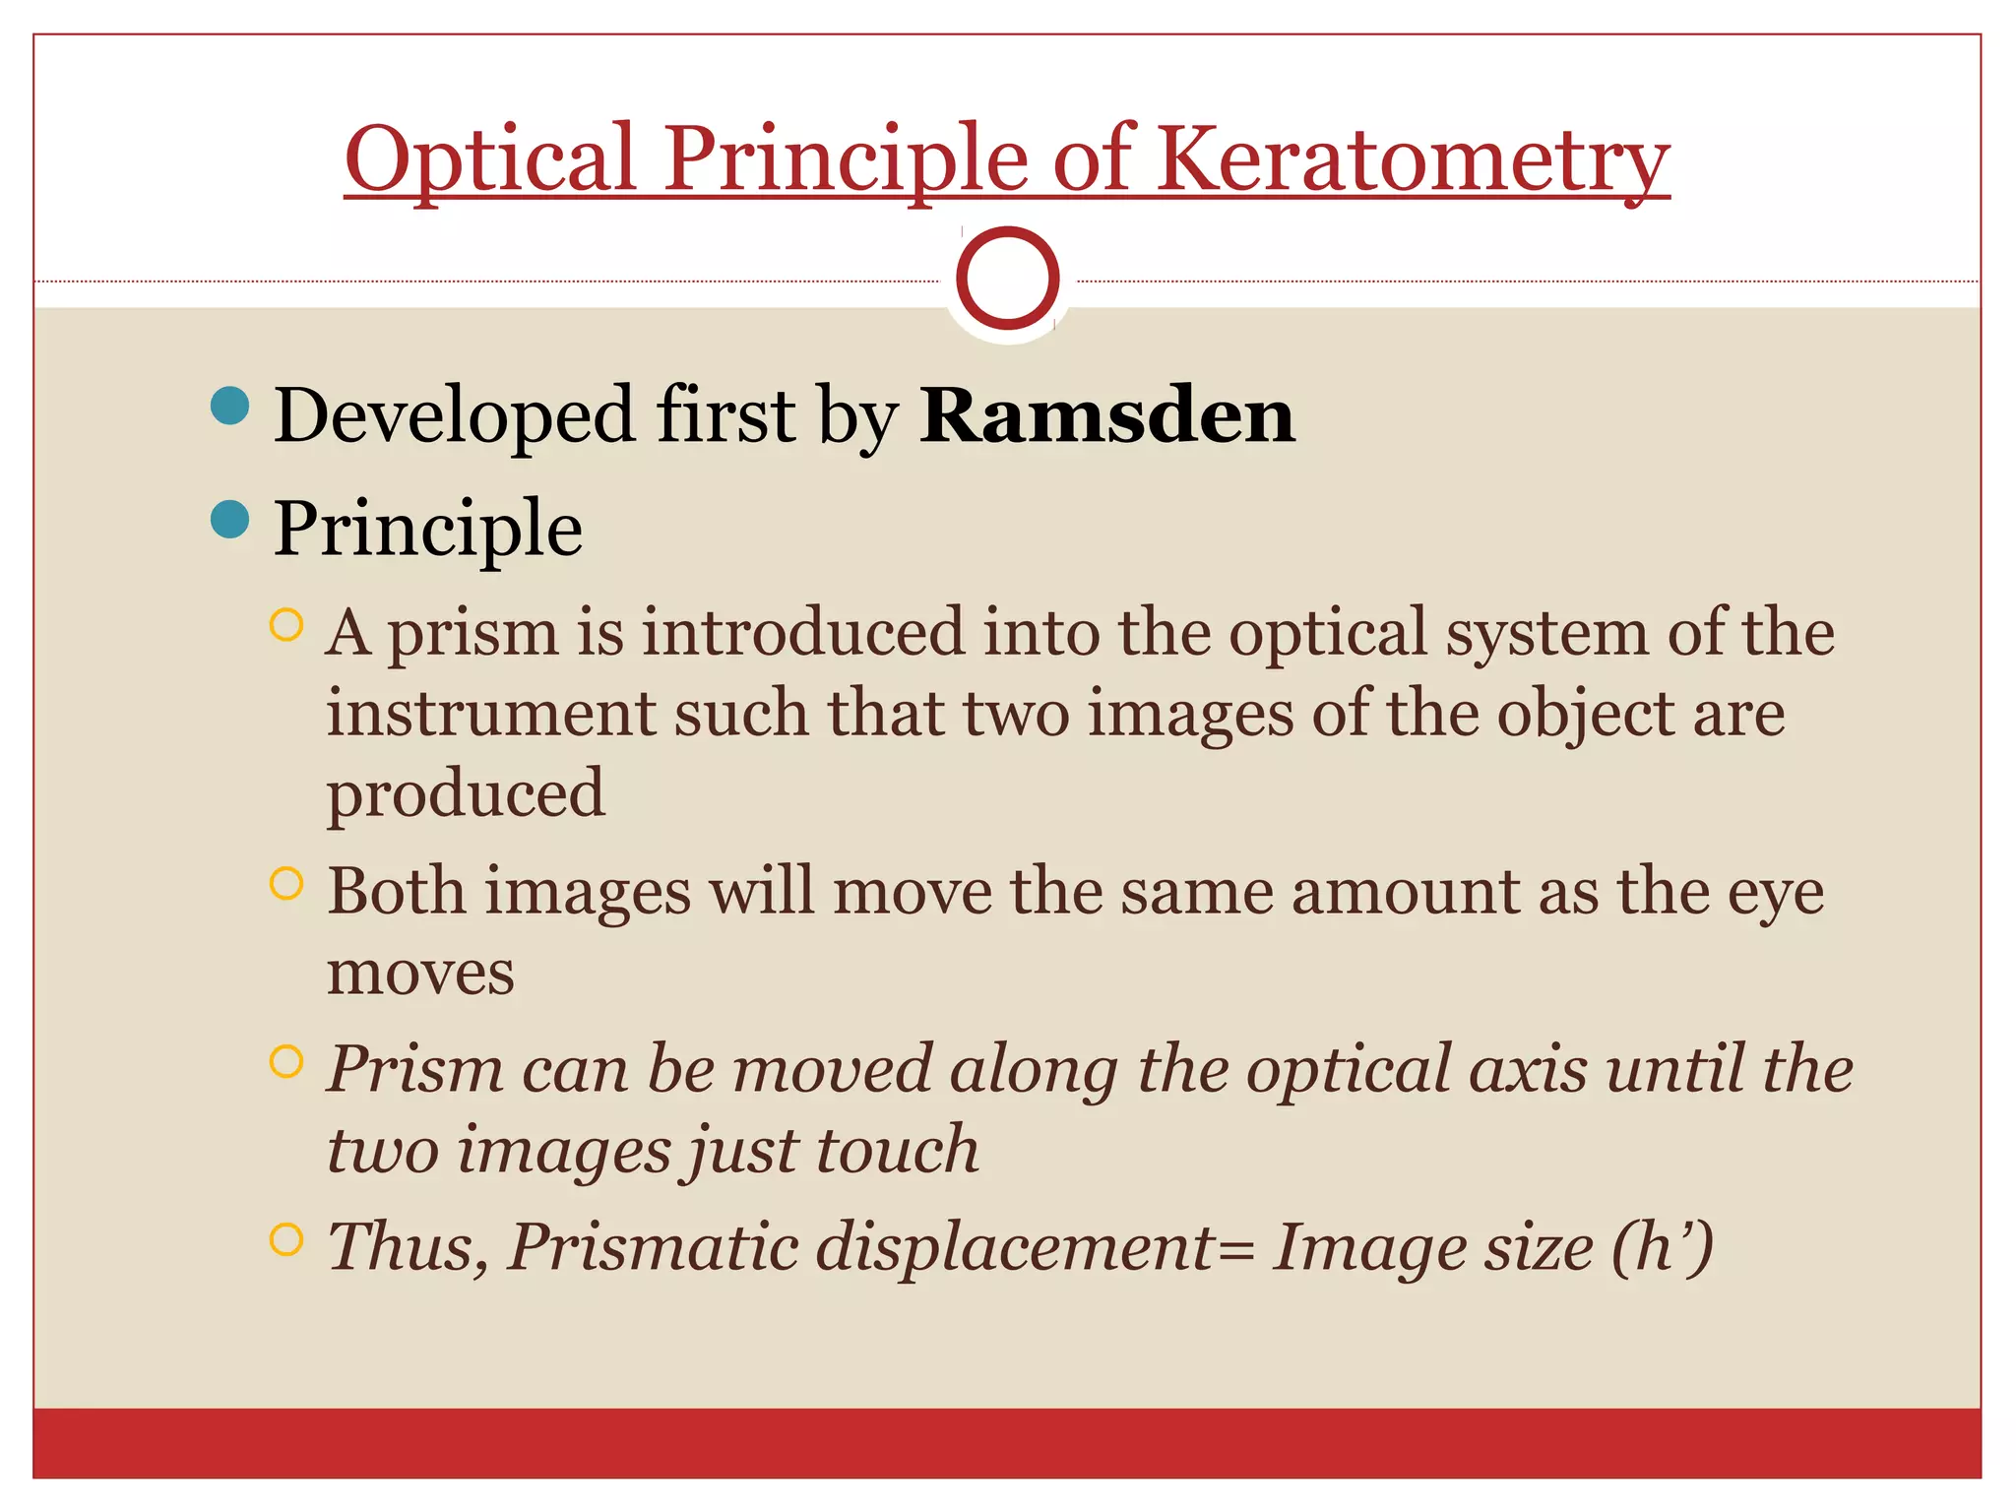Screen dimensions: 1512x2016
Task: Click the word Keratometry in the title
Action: (x=1413, y=159)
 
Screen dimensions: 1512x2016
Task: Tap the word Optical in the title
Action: (x=490, y=159)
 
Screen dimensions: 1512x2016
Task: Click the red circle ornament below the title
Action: (x=1007, y=279)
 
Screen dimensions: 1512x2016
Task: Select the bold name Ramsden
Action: (x=1106, y=416)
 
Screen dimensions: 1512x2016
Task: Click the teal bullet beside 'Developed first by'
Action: (x=230, y=406)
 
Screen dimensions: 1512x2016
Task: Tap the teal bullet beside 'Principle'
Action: (x=230, y=519)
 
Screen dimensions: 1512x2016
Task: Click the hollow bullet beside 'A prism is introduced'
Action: (x=285, y=625)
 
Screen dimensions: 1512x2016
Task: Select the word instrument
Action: (x=490, y=713)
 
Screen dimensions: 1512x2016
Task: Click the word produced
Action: (x=466, y=793)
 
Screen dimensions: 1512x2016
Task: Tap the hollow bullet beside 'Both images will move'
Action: (x=285, y=884)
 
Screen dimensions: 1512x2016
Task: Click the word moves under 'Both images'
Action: (x=420, y=973)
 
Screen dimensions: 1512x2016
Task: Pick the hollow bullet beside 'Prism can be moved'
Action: (x=285, y=1061)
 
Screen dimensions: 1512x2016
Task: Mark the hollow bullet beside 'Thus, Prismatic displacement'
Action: (x=285, y=1239)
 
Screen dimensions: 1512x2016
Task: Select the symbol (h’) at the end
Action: (x=1663, y=1248)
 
